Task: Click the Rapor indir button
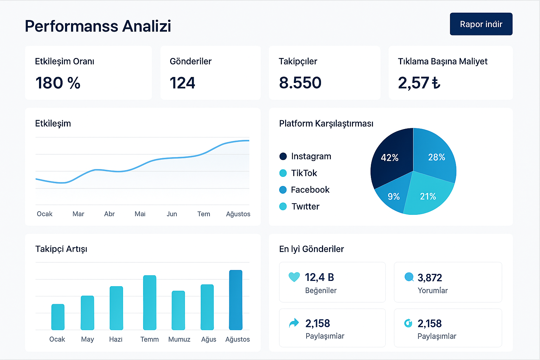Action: tap(481, 24)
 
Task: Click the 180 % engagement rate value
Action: tap(58, 83)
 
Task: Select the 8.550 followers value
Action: tap(300, 83)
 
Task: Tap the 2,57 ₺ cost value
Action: tap(419, 83)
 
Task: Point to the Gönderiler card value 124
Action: tap(182, 83)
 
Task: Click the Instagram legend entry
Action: tap(305, 156)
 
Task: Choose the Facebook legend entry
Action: tap(304, 190)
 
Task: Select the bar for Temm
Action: tap(149, 303)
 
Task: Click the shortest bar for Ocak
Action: tap(58, 317)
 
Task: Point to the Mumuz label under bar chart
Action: tap(179, 339)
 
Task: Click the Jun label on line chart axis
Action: tap(172, 214)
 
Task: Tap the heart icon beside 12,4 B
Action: tap(294, 277)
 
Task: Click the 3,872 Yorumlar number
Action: tap(430, 278)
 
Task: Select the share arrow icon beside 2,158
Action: tap(294, 323)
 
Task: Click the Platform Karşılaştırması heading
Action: tap(326, 123)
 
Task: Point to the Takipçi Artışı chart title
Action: tap(61, 249)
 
